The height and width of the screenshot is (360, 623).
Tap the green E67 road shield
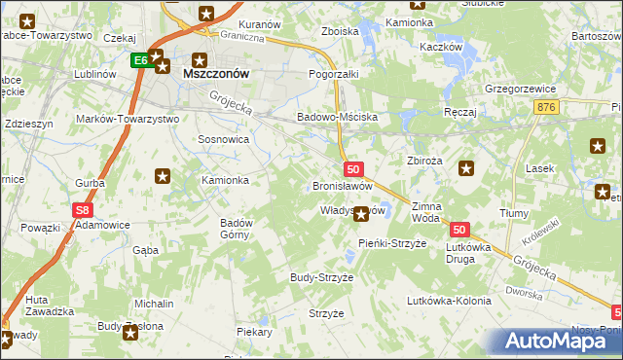point(140,60)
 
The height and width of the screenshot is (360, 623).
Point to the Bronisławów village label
point(342,185)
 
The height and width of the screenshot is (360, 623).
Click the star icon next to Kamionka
point(164,176)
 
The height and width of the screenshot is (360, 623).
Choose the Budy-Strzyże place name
point(321,277)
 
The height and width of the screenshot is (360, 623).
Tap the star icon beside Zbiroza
point(466,168)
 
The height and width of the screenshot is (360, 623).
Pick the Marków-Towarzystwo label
point(128,119)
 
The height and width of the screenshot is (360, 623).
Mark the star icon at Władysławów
point(361,213)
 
